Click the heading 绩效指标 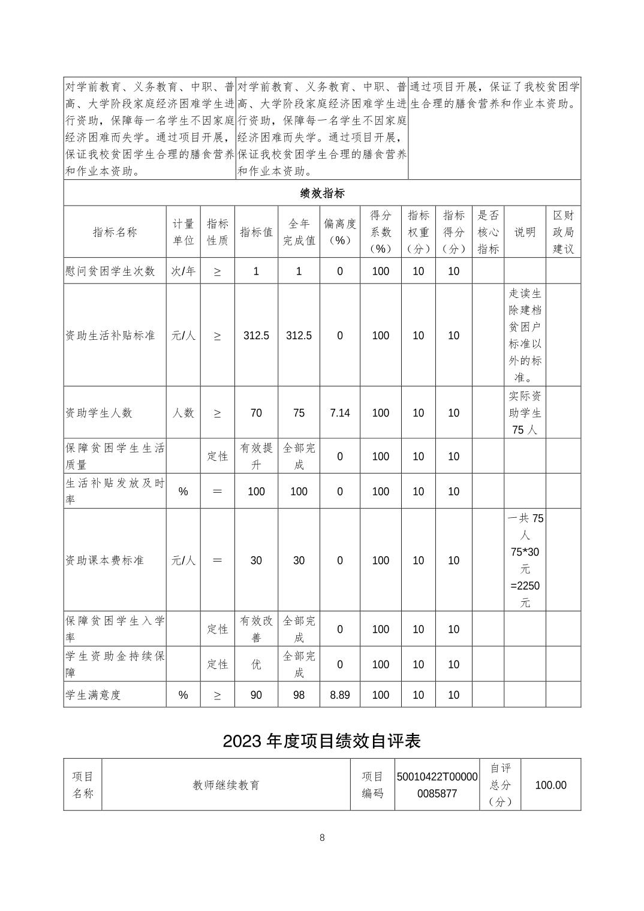322,193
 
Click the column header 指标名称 115,232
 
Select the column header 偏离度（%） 339,232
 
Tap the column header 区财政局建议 563,232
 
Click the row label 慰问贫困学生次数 110,271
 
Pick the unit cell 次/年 183,271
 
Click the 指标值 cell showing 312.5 256,336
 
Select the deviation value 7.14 339,413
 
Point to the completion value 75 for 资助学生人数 299,413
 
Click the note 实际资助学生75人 525,413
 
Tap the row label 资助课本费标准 105,560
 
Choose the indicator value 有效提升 256,456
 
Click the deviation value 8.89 339,695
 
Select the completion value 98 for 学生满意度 299,695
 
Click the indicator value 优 256,664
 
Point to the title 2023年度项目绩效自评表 322,741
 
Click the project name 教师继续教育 226,785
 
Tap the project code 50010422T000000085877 437,785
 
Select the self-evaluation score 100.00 550,785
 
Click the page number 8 322,838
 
